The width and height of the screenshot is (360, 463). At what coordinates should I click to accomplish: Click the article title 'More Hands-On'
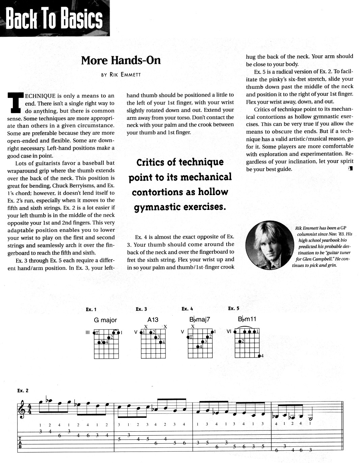click(x=121, y=61)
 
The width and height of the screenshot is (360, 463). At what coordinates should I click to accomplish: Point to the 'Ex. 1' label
click(x=91, y=309)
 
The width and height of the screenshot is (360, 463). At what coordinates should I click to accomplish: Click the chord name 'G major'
click(x=105, y=320)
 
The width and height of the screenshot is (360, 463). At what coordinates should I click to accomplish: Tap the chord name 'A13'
click(x=153, y=320)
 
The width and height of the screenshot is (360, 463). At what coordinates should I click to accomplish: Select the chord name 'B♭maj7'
click(x=200, y=320)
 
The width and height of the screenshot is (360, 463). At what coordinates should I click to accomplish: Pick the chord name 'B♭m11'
click(x=247, y=319)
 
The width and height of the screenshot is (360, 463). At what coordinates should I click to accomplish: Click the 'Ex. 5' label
click(x=233, y=308)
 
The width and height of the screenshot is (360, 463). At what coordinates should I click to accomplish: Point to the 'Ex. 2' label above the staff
click(x=23, y=391)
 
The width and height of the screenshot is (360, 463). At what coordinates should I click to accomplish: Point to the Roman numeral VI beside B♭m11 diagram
click(x=229, y=331)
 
